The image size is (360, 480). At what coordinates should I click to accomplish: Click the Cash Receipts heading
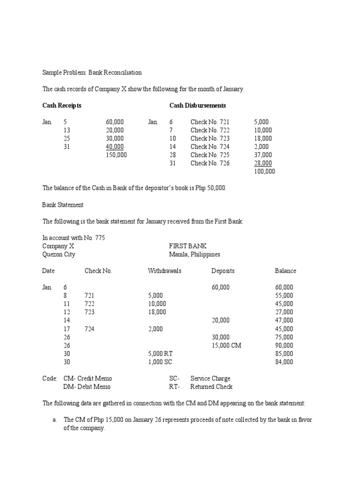tap(62, 105)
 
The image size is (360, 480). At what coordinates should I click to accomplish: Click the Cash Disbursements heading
tap(197, 105)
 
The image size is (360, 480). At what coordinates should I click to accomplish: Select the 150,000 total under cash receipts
tap(116, 155)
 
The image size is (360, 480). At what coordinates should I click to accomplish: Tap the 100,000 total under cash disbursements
tap(264, 171)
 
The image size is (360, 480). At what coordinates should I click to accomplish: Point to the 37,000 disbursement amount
tap(263, 155)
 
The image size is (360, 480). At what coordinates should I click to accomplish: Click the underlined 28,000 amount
tap(263, 163)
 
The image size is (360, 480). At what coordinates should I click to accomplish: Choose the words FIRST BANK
tap(187, 246)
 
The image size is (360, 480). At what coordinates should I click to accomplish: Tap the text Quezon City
tap(59, 255)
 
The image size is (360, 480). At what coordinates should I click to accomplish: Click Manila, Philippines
tap(195, 255)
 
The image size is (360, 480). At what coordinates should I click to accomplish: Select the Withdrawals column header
tap(165, 271)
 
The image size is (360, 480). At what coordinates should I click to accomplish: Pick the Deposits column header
tap(223, 271)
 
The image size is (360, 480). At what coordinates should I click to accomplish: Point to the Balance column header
tap(285, 271)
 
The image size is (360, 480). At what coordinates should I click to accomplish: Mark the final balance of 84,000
tap(284, 362)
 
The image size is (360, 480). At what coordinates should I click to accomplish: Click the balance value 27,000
tap(284, 312)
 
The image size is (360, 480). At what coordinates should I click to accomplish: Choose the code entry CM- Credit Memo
tap(88, 378)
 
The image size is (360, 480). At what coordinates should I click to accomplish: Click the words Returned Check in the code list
tap(211, 387)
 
